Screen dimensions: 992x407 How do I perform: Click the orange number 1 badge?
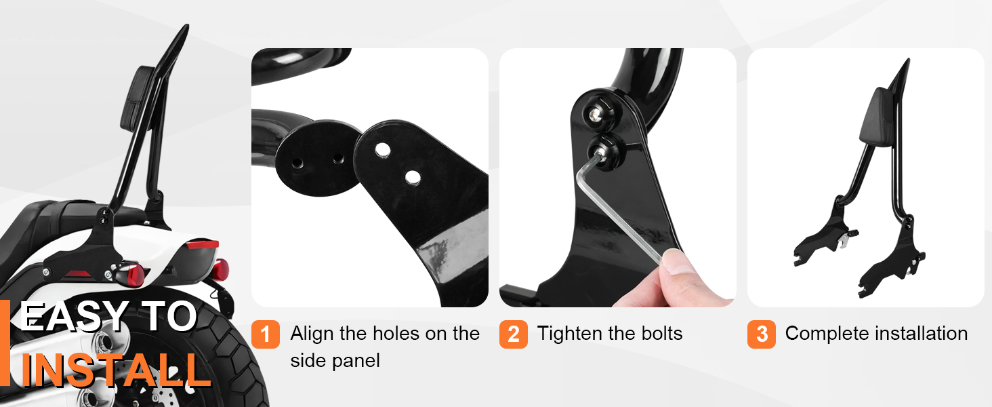pyautogui.click(x=265, y=334)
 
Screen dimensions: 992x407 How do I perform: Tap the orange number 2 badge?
pyautogui.click(x=513, y=334)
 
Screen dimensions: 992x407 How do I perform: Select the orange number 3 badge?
pyautogui.click(x=761, y=334)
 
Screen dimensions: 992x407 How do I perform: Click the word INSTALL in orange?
pyautogui.click(x=116, y=370)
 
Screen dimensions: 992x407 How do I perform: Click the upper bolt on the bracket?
pyautogui.click(x=598, y=113)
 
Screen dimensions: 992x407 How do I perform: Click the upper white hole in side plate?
pyautogui.click(x=383, y=151)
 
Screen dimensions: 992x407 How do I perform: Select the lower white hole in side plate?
pyautogui.click(x=413, y=177)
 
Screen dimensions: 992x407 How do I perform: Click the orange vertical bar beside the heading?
pyautogui.click(x=5, y=343)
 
